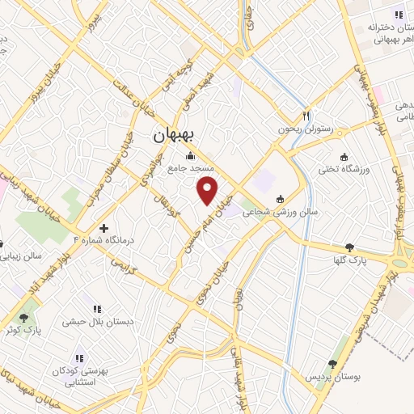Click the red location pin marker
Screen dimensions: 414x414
tap(209, 191)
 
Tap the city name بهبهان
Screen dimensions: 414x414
tap(173, 137)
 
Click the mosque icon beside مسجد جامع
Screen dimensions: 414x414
tap(191, 156)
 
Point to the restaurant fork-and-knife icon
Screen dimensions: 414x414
tap(306, 114)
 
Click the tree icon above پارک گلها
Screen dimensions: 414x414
tap(349, 248)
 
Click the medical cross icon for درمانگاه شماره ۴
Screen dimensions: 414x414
tap(103, 229)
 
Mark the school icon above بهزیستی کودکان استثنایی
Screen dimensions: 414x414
tap(79, 357)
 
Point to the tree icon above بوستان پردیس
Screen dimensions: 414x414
tap(332, 365)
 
